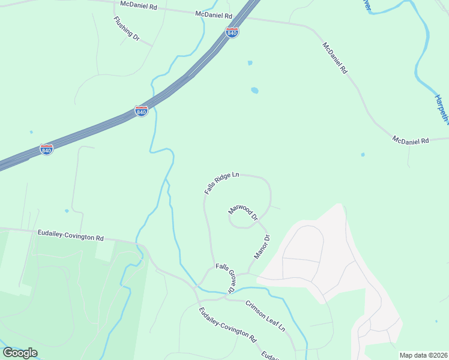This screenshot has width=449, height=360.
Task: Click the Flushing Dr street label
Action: click(x=126, y=28)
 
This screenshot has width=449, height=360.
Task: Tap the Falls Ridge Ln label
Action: click(x=221, y=183)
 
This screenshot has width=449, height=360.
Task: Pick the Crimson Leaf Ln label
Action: click(x=265, y=315)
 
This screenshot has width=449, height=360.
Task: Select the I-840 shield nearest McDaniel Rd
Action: click(x=232, y=32)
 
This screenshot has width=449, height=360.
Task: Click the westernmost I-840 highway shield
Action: click(x=46, y=149)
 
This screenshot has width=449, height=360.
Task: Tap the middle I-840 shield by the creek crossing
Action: click(x=141, y=112)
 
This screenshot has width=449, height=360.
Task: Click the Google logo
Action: click(x=20, y=353)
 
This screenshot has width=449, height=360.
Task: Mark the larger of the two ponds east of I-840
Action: click(x=255, y=91)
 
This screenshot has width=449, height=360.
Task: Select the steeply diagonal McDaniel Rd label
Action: click(x=335, y=58)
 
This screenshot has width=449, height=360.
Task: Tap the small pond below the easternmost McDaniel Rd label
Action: click(x=363, y=154)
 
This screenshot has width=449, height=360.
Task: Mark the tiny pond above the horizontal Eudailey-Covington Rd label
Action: click(x=67, y=211)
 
